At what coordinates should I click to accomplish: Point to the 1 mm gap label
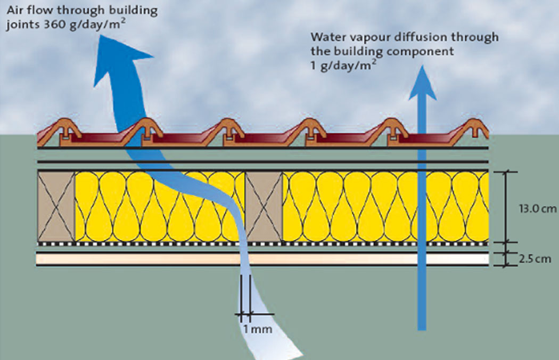[x=258, y=329]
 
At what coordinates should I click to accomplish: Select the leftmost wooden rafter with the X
[x=56, y=206]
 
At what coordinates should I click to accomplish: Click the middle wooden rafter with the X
[x=264, y=206]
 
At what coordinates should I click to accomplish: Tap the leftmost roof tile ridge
[x=63, y=128]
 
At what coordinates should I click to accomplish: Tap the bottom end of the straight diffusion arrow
[x=422, y=325]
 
